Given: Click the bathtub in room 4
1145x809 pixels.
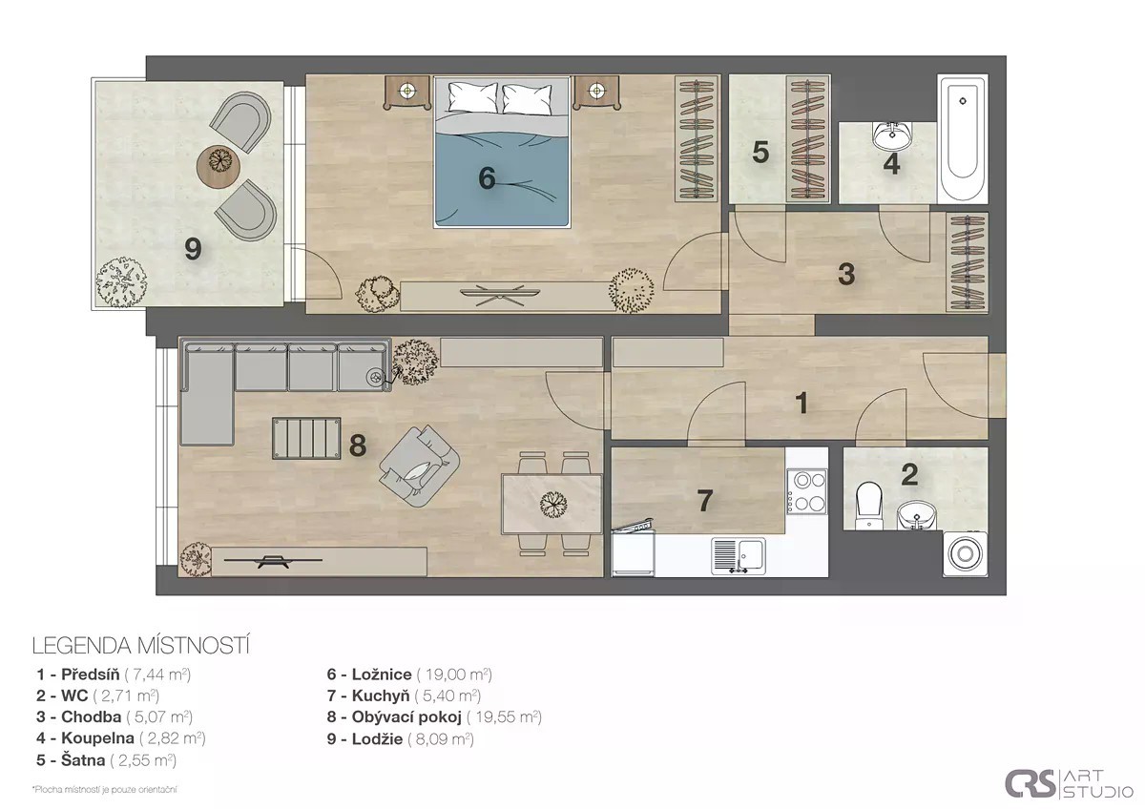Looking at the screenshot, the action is (x=963, y=139).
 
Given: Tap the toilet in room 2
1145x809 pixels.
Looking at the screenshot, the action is (x=869, y=506).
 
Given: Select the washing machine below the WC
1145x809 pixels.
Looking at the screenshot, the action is (x=965, y=554).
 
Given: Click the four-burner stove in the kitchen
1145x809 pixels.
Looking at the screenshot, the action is (x=807, y=491).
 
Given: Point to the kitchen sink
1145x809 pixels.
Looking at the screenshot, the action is (x=739, y=555).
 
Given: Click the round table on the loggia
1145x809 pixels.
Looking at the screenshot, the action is (x=219, y=161).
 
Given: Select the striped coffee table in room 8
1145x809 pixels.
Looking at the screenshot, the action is (x=306, y=438).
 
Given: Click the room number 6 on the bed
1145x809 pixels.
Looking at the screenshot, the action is (x=487, y=178).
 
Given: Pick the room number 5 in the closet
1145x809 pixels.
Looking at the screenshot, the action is (x=760, y=153).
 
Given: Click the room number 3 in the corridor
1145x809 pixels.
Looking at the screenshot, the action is (x=846, y=274).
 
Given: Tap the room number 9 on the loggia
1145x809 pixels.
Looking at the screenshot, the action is (x=193, y=249).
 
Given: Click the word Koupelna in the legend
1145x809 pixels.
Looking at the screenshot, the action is (x=97, y=738).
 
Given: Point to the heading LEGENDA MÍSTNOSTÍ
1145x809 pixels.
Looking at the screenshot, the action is (x=141, y=646).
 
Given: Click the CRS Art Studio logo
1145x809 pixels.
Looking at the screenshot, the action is (x=1070, y=784).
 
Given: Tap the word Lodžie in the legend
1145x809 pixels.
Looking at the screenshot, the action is (x=377, y=739).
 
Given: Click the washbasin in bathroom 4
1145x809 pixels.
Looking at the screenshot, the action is (x=892, y=135).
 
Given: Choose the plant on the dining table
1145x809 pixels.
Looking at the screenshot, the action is (x=552, y=505).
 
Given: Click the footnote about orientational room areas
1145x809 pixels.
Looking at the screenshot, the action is (x=104, y=790).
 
